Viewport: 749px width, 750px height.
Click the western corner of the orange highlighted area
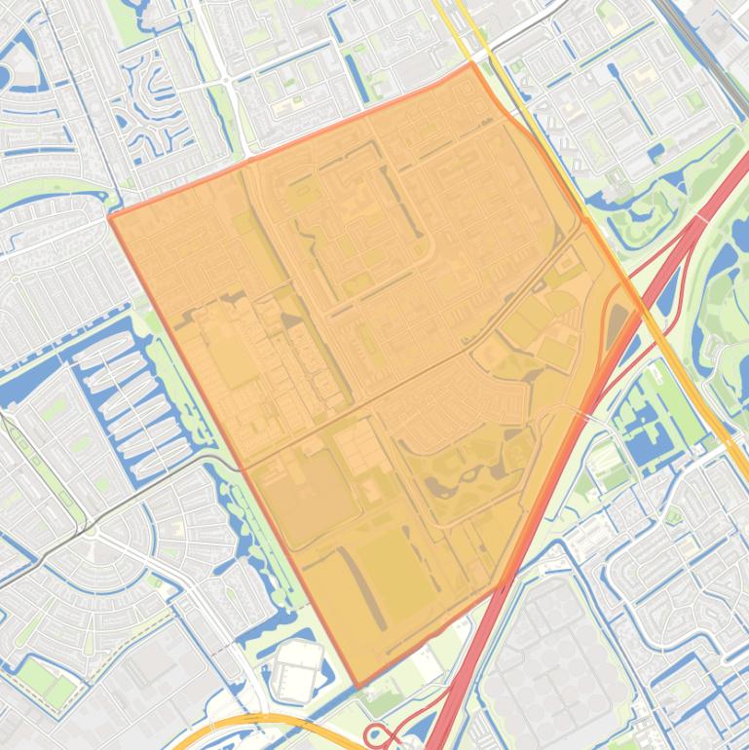click(110, 216)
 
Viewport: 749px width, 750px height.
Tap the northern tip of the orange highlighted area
click(472, 63)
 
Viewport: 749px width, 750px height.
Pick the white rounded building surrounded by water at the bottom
click(295, 672)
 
